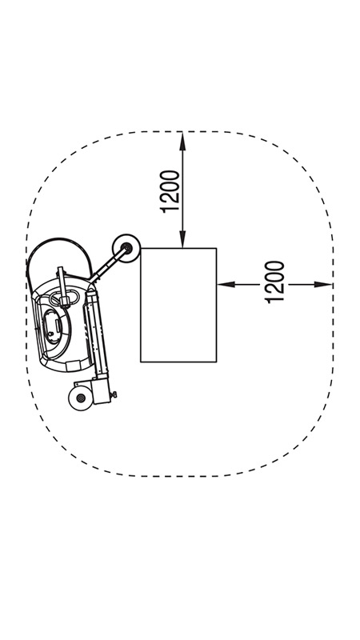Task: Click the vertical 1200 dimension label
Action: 170,191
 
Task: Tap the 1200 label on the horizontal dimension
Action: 275,282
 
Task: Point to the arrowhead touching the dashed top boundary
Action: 182,141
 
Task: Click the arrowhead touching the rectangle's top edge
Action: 182,239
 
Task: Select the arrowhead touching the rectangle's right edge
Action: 226,285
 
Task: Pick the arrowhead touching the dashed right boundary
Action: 323,285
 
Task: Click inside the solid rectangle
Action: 178,305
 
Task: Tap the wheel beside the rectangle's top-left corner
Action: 126,248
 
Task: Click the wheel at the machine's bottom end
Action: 81,398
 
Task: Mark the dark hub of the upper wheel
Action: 126,247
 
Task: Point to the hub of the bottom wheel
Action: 81,398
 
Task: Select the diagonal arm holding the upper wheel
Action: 107,266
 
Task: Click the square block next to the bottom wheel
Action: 102,391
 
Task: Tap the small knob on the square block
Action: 114,394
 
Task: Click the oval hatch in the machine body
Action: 54,326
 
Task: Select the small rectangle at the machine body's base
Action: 73,366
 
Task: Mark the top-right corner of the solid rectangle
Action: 216,248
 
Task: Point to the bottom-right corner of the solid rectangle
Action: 216,362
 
